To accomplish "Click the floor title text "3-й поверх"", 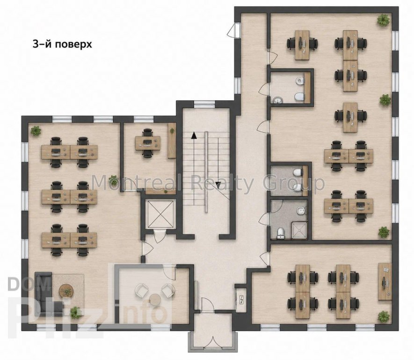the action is point(62,44).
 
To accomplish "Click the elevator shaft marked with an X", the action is point(161,214).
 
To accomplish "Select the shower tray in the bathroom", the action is point(299,230).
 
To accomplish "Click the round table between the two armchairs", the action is point(155,299).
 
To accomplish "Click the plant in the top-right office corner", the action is point(383,20).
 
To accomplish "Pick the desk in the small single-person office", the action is point(148,143).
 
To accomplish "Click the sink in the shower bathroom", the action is point(301,211).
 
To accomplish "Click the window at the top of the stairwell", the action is point(204,104).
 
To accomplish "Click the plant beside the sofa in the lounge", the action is point(75,313).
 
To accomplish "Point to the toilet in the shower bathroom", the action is point(280,233).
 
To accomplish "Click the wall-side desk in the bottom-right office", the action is point(385,282).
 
